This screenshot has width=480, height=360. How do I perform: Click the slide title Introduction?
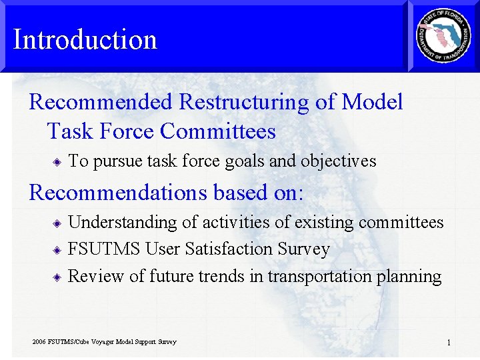85,39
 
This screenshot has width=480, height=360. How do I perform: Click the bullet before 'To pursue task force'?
58,161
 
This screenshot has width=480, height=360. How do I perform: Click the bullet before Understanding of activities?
58,223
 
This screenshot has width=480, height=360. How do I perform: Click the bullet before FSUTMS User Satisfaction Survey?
58,250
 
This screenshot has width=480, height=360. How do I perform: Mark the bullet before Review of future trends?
58,277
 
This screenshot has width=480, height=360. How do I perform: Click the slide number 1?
449,343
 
